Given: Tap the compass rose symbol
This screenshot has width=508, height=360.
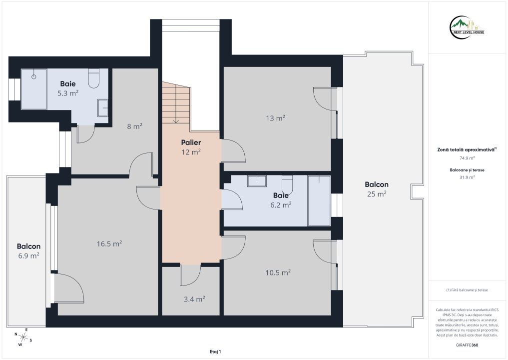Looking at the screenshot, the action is point(23,337).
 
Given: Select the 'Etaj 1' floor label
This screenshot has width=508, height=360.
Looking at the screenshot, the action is point(215,351).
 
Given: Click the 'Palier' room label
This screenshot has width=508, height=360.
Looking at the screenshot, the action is point(191,142).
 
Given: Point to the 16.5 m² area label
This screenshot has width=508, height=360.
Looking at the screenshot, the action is point(109,243).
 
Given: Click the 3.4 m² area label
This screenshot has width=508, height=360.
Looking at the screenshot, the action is point(194,299).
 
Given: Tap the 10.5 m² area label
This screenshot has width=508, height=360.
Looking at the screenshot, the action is point(278,273).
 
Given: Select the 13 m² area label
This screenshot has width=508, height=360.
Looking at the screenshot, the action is point(275,118).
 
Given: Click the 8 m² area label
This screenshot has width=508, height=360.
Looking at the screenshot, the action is point(134,126).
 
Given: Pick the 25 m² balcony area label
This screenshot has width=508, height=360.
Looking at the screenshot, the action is point(377,194).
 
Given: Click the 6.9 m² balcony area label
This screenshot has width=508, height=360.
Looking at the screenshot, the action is point(28,255).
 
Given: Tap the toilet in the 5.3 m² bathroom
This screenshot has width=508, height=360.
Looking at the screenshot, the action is point(94,78).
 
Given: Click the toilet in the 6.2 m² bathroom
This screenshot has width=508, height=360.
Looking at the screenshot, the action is point(287,184).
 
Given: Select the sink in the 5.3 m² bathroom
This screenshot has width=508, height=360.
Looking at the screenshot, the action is point(103,108).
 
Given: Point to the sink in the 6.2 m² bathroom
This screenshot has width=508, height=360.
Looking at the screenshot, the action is point(257,181).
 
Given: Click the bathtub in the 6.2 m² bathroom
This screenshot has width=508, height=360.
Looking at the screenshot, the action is point(319,201).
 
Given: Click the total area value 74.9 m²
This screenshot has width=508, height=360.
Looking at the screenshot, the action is point(467,158).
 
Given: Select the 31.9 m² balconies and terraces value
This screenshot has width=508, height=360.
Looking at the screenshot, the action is point(467,177).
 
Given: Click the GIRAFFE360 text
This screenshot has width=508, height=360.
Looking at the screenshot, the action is point(467,345).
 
